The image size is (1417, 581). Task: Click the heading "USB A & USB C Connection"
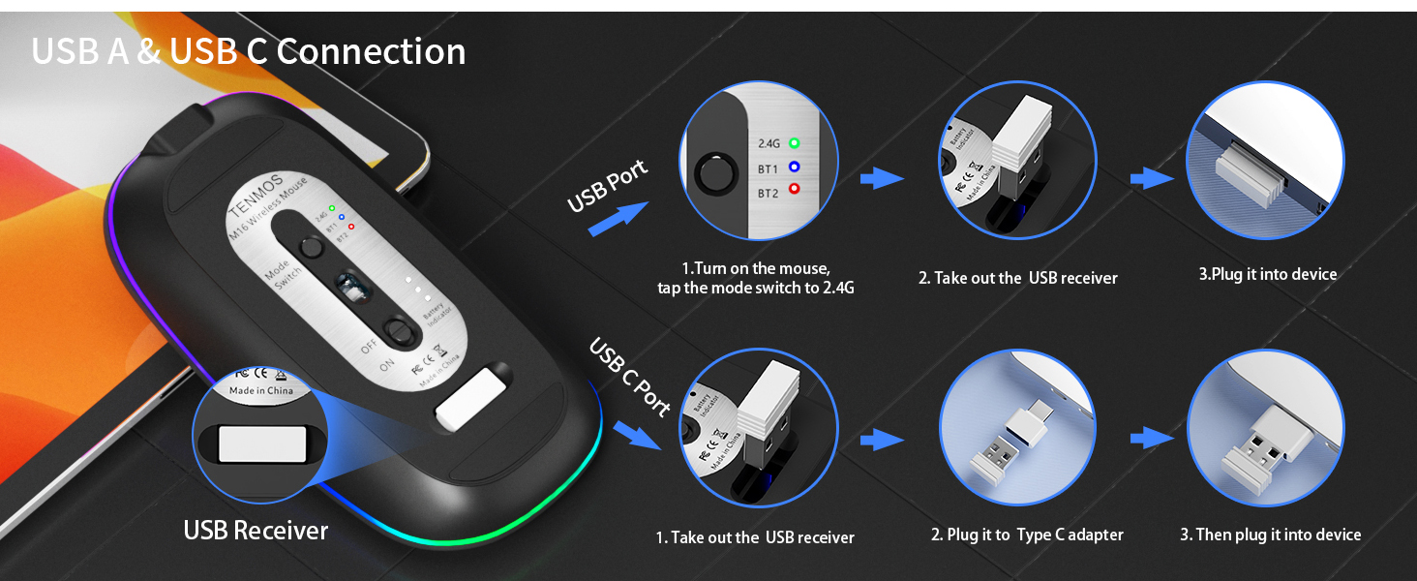click(249, 51)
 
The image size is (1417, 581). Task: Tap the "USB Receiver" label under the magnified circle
click(256, 530)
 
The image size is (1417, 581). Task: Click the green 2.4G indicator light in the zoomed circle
click(795, 143)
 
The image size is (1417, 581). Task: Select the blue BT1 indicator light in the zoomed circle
click(795, 168)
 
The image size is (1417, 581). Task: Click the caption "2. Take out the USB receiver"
click(1017, 278)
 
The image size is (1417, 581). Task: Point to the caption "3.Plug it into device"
click(1267, 274)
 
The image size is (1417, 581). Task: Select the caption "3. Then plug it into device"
click(1270, 535)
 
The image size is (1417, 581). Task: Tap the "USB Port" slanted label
click(607, 187)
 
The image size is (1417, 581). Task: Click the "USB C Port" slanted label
click(630, 376)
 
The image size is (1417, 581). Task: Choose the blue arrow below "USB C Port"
click(636, 435)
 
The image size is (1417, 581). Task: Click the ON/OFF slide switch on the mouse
click(397, 330)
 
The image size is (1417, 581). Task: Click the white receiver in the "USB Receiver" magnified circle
click(249, 443)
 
